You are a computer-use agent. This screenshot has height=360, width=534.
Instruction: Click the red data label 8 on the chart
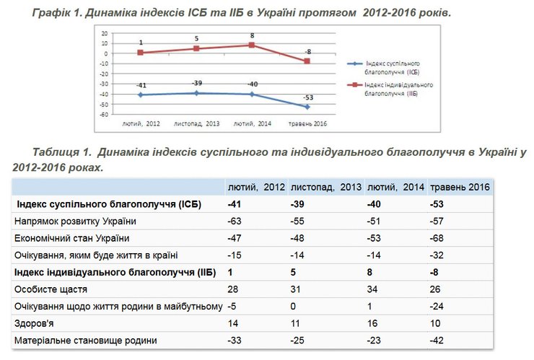pos(251,36)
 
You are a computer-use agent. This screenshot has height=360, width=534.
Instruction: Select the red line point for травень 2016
pos(308,61)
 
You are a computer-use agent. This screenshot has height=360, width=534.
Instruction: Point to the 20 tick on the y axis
pos(105,33)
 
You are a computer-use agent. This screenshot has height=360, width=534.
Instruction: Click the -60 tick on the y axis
pos(104,115)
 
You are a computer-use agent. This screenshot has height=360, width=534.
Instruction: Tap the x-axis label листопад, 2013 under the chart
pos(196,124)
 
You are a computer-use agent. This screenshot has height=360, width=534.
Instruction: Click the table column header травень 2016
pos(460,187)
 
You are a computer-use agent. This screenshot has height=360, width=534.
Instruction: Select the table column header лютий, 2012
pos(257,187)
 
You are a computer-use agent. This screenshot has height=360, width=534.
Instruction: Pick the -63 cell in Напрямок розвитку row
pos(236,221)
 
